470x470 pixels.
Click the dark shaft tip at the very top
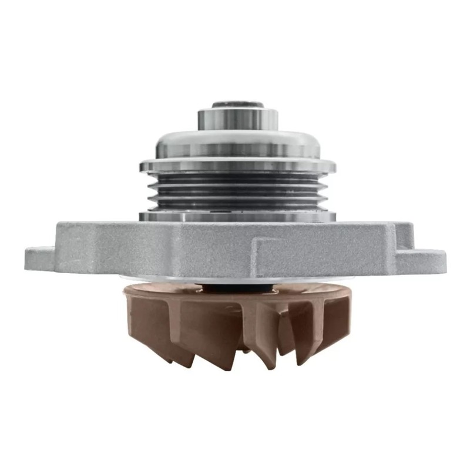(238, 105)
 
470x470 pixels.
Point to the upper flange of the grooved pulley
(238, 166)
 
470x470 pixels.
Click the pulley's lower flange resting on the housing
(238, 216)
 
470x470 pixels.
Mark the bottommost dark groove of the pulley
(238, 203)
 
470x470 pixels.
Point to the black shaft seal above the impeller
(238, 287)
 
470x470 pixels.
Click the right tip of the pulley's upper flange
(333, 166)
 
